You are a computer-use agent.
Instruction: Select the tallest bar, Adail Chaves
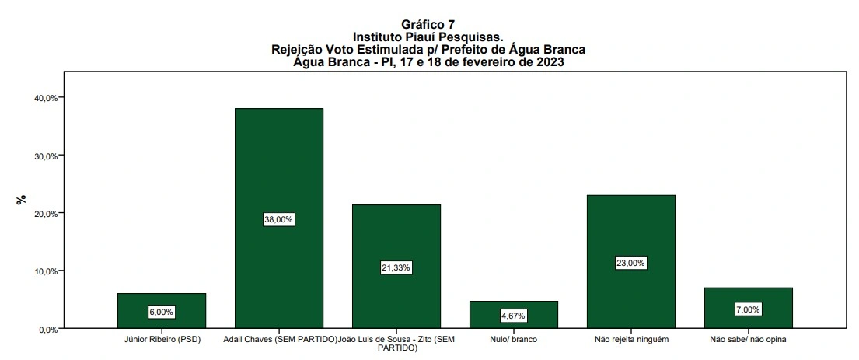coord(278,171)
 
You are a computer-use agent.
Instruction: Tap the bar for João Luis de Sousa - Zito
coord(396,233)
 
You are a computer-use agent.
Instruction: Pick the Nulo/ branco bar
coord(513,307)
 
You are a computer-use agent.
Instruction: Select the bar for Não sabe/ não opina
coord(748,299)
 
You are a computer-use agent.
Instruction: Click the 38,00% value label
coord(278,220)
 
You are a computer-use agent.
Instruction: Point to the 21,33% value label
coord(396,267)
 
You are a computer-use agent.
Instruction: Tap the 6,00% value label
coord(162,312)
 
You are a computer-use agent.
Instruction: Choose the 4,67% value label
coord(513,316)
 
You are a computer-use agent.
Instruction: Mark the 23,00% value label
coord(630,263)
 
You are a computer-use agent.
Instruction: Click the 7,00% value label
coord(748,309)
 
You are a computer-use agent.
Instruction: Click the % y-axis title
coord(21,200)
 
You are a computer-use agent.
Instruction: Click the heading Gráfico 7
coord(428,25)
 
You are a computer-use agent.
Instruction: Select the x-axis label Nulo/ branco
coord(513,340)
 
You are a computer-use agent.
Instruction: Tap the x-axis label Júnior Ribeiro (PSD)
coord(162,340)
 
